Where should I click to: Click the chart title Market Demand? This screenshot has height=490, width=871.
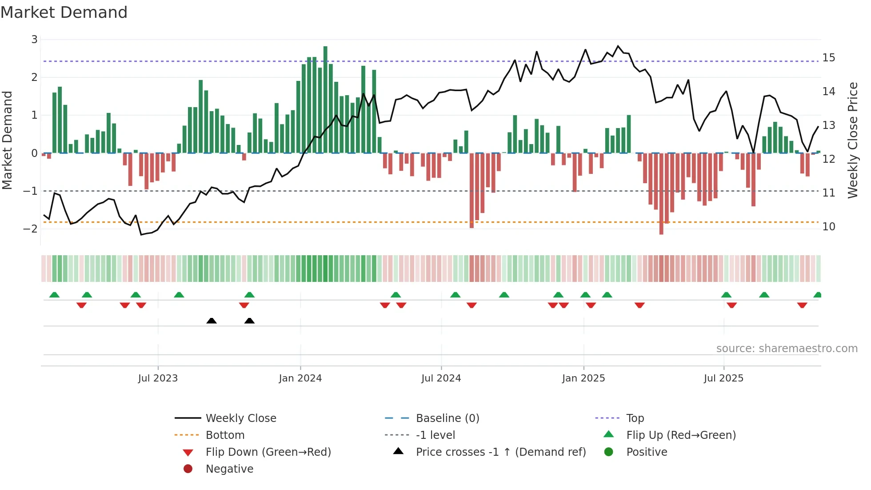click(64, 12)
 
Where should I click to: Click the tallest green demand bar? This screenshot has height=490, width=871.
click(325, 100)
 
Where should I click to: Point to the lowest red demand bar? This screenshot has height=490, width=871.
click(661, 194)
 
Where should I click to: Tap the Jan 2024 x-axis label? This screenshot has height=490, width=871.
click(300, 378)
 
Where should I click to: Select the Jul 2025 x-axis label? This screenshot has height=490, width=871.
click(723, 378)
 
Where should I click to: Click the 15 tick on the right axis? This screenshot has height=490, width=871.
click(828, 58)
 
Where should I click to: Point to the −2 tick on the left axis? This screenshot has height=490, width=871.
click(30, 229)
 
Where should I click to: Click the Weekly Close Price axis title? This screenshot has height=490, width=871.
click(852, 140)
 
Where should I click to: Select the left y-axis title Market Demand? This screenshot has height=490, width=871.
click(8, 140)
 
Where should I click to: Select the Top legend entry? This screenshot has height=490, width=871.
click(635, 418)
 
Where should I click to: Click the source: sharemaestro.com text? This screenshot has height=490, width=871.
click(787, 349)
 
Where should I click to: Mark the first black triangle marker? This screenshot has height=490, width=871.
click(212, 321)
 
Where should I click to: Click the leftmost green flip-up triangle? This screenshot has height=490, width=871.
click(54, 295)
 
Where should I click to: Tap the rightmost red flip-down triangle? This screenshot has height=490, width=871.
click(802, 305)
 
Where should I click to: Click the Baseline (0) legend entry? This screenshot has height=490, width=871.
click(447, 418)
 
